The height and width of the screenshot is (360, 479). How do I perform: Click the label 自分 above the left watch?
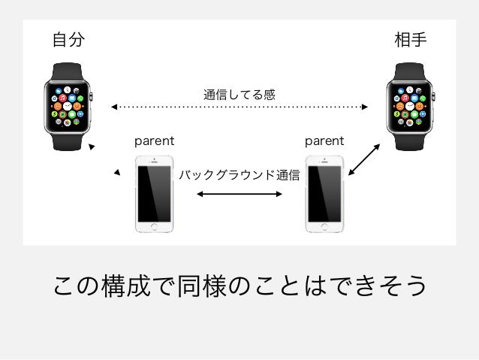(x=68, y=40)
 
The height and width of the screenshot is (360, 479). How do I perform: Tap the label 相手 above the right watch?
(x=411, y=40)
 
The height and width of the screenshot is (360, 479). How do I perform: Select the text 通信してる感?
(x=239, y=95)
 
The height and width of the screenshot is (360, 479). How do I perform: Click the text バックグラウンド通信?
(x=239, y=176)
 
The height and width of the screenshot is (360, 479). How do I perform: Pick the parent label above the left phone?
(x=154, y=141)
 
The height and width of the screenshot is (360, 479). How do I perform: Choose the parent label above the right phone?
(x=324, y=141)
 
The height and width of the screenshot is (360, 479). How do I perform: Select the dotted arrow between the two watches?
(x=239, y=107)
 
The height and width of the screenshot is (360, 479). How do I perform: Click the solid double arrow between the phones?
(x=239, y=194)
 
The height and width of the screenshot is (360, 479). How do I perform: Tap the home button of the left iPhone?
(x=154, y=225)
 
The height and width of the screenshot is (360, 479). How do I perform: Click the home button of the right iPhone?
(x=324, y=225)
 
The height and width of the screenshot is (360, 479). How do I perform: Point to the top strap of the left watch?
(x=68, y=70)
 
